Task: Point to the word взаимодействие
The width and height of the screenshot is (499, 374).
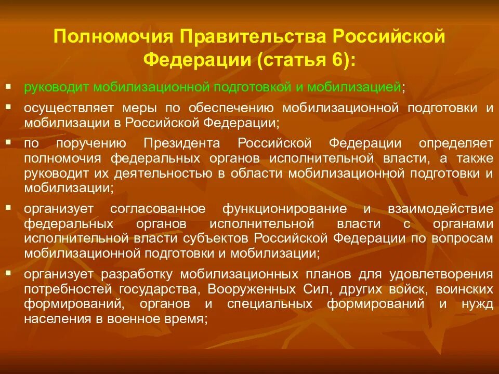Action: click(x=440, y=209)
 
